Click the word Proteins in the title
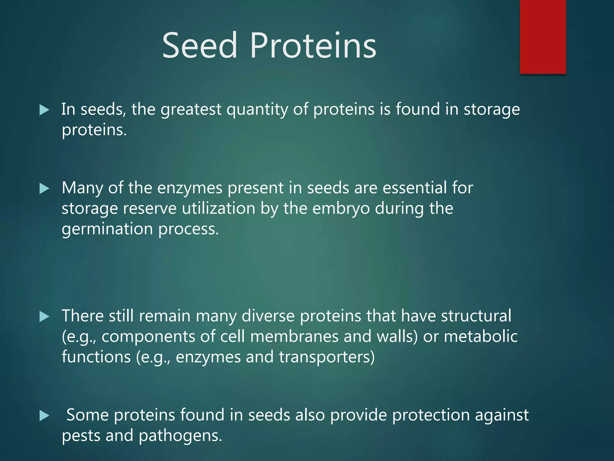(x=313, y=46)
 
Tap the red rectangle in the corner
(x=543, y=37)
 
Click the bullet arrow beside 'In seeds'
(x=44, y=110)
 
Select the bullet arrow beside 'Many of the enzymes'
(x=44, y=189)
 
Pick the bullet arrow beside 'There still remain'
(x=44, y=317)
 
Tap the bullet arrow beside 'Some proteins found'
(x=44, y=416)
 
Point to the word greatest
(x=191, y=109)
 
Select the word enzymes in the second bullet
(x=189, y=188)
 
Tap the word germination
(x=107, y=229)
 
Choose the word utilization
(x=218, y=209)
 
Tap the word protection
(x=431, y=415)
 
